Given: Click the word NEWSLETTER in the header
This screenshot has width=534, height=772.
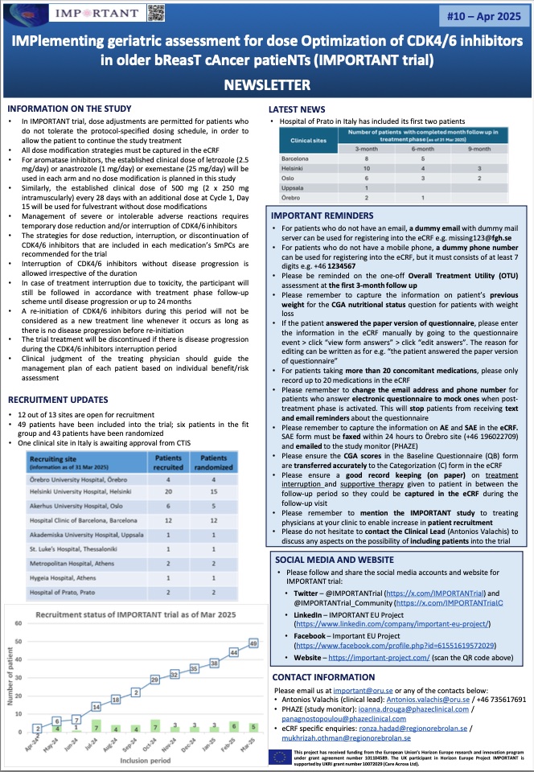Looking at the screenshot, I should coord(266,86).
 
